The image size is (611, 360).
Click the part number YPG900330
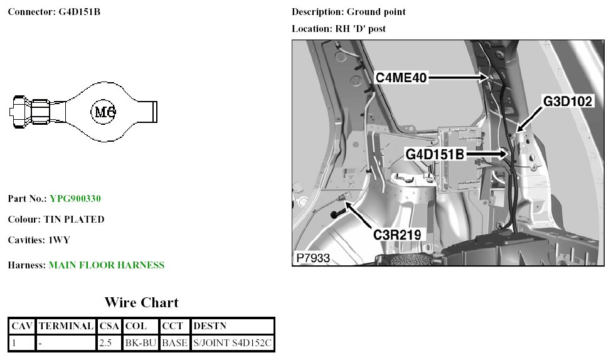pyautogui.click(x=75, y=199)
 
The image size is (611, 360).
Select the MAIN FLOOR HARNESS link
pyautogui.click(x=106, y=265)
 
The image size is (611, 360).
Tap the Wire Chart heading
pyautogui.click(x=141, y=303)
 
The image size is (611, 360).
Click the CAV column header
pyautogui.click(x=22, y=326)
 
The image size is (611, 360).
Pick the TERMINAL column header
pyautogui.click(x=66, y=326)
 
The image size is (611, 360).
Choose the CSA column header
pyautogui.click(x=110, y=326)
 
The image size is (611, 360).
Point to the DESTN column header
pyautogui.click(x=210, y=326)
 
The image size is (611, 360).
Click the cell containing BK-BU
pyautogui.click(x=141, y=343)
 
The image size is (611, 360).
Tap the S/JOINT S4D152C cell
pyautogui.click(x=232, y=343)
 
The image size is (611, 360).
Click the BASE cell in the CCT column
pyautogui.click(x=174, y=343)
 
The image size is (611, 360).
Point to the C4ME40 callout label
pyautogui.click(x=401, y=78)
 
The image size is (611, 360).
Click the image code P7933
pyautogui.click(x=313, y=258)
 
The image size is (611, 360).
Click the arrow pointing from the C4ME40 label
pyautogui.click(x=458, y=77)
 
